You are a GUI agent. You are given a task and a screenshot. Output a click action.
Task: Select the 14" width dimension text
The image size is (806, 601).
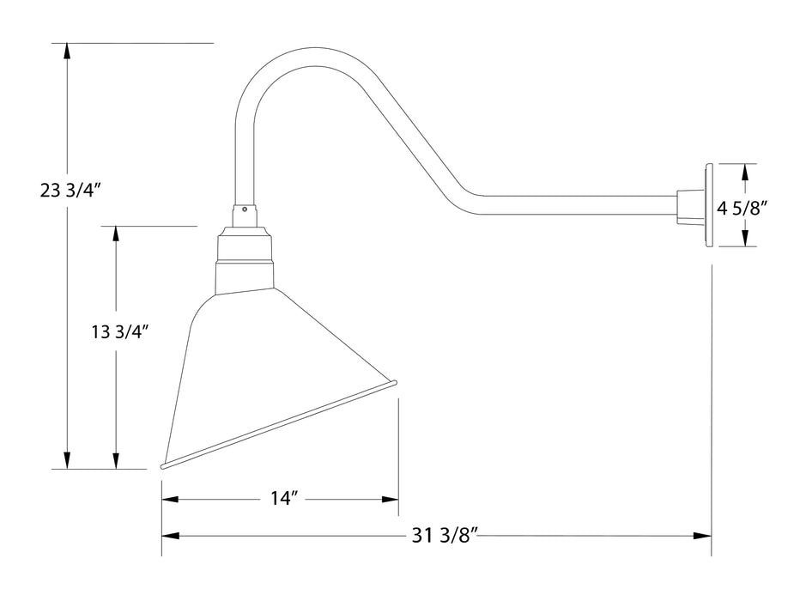point(282,499)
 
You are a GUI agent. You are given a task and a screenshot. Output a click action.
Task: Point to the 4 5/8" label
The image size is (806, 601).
point(742,206)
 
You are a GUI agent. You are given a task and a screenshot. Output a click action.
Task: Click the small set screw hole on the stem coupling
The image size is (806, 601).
point(245,207)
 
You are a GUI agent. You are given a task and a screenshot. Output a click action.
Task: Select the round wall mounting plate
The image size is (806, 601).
point(709,205)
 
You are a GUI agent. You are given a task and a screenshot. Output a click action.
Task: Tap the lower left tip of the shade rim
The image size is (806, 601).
point(163,466)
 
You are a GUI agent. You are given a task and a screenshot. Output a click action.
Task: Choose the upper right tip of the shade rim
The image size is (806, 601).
point(395,385)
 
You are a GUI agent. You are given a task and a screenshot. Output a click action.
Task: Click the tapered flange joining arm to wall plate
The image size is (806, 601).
point(688,206)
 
